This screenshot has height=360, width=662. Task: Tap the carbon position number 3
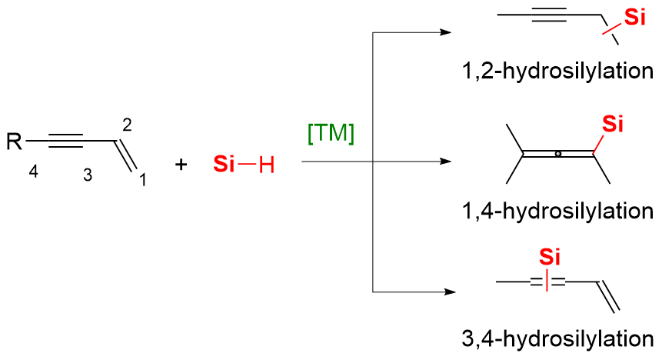(x=87, y=175)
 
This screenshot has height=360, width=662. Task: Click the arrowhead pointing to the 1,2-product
(x=444, y=33)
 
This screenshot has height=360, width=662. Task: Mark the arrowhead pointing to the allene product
(x=444, y=162)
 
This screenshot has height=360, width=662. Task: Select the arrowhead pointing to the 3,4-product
(x=444, y=292)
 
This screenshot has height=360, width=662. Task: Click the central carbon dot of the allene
(x=558, y=155)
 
